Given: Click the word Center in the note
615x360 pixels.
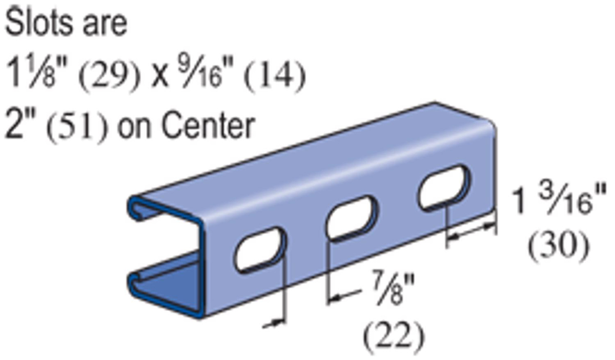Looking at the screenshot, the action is (207, 125).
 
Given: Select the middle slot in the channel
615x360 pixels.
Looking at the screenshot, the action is (352, 218).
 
